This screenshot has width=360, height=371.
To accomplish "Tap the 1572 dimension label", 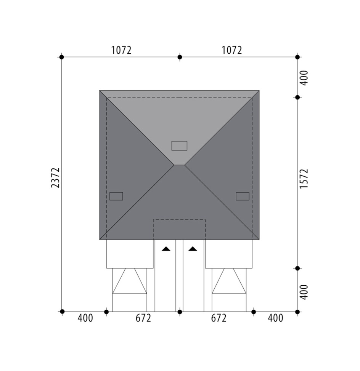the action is [304, 179].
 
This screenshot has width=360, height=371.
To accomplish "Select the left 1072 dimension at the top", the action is [121, 50].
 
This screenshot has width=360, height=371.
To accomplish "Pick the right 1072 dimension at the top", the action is [232, 50].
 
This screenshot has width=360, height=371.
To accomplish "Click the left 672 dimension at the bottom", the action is [143, 318].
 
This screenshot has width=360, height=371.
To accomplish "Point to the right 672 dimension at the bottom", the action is [219, 318].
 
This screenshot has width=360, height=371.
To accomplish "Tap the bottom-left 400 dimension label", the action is [85, 318].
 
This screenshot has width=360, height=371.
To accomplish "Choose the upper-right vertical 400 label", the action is [304, 78].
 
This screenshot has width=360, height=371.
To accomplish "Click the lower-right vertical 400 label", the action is [304, 292].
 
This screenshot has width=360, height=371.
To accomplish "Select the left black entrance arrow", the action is [166, 249].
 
